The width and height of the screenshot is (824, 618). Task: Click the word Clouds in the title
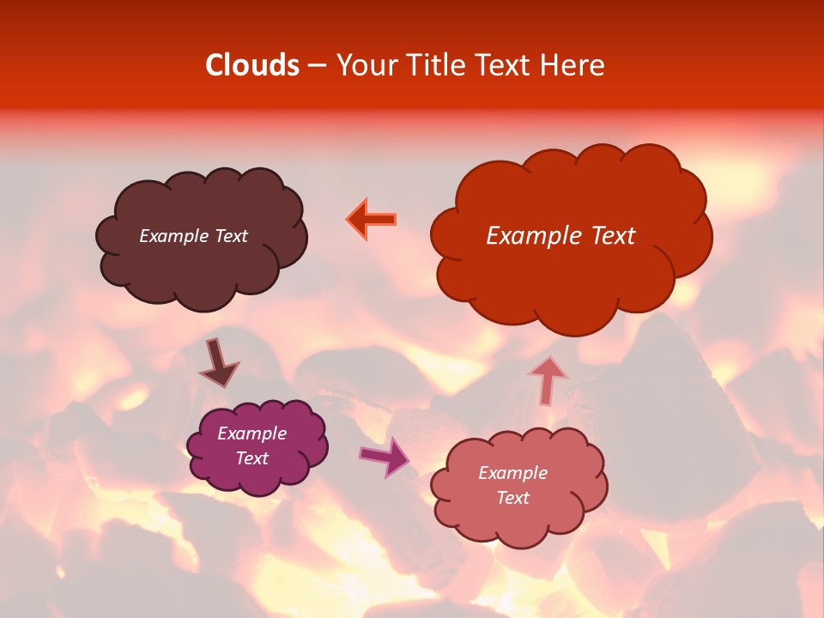(252, 65)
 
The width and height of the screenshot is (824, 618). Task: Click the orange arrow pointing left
(373, 219)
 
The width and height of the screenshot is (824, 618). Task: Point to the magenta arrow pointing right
(385, 457)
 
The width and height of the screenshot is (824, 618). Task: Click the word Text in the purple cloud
(251, 458)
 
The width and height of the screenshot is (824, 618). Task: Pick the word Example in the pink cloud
(512, 473)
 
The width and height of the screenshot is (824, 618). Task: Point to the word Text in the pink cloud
(512, 498)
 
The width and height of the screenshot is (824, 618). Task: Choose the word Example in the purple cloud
(251, 433)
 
